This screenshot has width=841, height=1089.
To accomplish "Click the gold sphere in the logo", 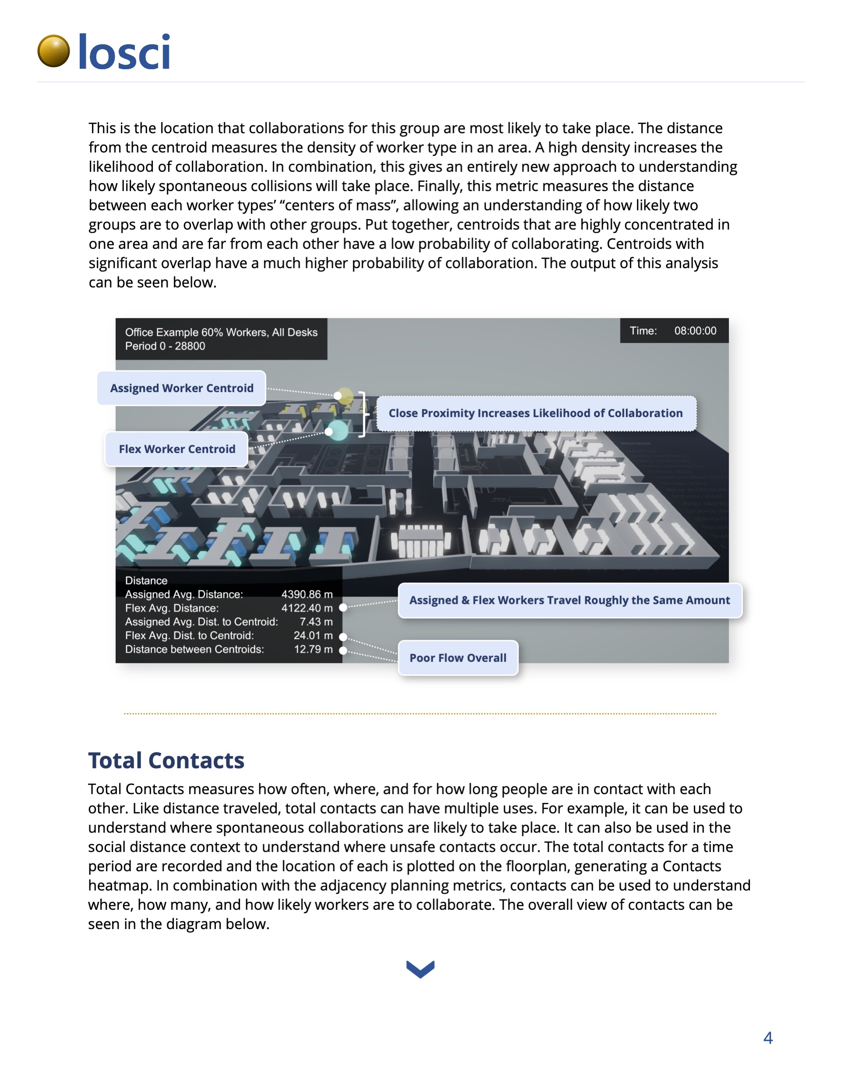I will (x=53, y=51).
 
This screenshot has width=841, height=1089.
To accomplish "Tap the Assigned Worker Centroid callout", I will (x=181, y=388).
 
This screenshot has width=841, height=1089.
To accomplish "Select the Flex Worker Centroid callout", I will (x=177, y=449).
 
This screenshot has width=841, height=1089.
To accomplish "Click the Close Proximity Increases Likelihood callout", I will (x=535, y=413).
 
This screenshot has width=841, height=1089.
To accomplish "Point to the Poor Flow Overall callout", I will (x=458, y=658).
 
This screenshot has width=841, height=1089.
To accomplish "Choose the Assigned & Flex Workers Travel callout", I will (x=569, y=600).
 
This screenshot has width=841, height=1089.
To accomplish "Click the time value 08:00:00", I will (x=695, y=330).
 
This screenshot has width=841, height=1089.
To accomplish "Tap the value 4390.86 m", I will (x=307, y=594).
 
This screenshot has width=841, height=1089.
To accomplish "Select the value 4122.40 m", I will (x=307, y=608).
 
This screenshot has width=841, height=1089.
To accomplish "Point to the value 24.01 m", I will (x=313, y=635).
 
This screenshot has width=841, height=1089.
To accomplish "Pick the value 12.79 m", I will (x=313, y=649).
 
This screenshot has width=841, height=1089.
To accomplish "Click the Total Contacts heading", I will (x=166, y=760).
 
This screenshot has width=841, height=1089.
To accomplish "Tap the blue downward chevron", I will (x=420, y=969).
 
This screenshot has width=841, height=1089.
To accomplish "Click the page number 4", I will (x=768, y=1038).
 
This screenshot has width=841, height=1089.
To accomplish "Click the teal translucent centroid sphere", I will (x=339, y=430).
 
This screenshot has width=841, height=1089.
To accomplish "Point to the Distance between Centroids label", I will (x=194, y=649).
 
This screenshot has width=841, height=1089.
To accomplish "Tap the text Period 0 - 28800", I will (x=165, y=346).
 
